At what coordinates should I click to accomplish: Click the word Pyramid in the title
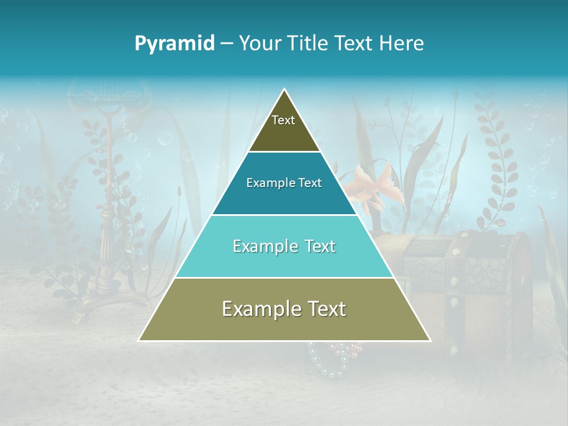(x=175, y=44)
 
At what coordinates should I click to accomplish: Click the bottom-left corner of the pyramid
(x=139, y=340)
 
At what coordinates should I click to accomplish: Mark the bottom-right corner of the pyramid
(x=430, y=340)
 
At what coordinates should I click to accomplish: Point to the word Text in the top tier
(x=283, y=120)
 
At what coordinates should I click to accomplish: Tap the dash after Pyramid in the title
(x=227, y=44)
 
